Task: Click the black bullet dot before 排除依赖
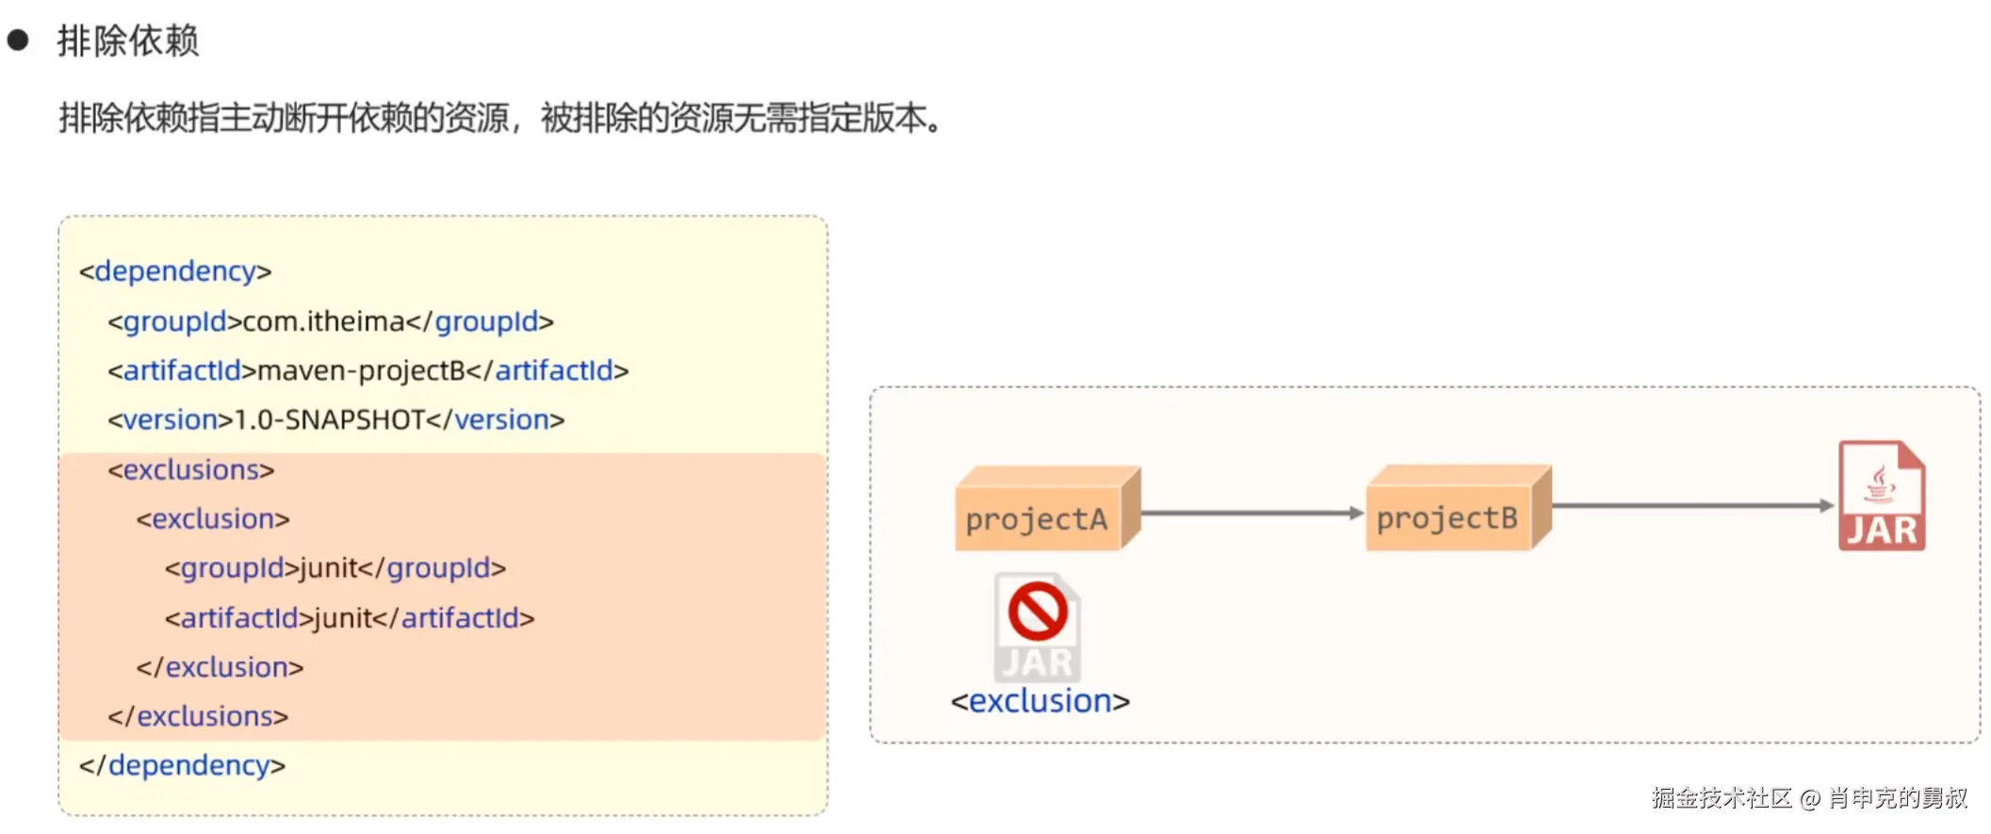click(18, 41)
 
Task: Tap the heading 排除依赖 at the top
click(127, 41)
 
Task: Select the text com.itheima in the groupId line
click(323, 321)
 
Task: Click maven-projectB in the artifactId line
click(361, 370)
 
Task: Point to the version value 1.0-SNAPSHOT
click(329, 419)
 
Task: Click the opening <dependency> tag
click(175, 271)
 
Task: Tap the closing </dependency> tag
click(182, 765)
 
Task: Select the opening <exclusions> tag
click(190, 469)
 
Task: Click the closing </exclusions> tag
click(197, 716)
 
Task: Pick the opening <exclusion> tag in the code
click(212, 518)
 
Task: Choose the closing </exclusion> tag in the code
click(220, 667)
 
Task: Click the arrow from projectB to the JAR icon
click(1692, 506)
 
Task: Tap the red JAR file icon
click(1881, 496)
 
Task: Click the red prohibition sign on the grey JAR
click(1037, 611)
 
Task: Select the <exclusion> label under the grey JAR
click(1039, 701)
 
